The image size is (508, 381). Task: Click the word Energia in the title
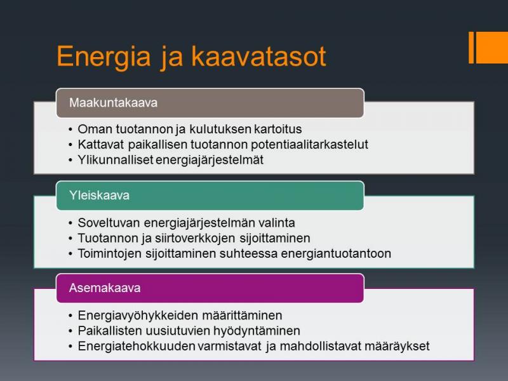tap(104, 57)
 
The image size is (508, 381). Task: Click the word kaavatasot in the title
tap(258, 57)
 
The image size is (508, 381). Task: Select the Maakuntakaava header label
tap(113, 103)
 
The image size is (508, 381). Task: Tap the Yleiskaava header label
tap(99, 196)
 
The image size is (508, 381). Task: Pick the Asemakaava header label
tap(105, 288)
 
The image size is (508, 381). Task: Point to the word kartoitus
tap(278, 129)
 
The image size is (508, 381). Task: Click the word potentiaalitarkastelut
tap(309, 145)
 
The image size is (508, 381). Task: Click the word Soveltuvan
tap(109, 223)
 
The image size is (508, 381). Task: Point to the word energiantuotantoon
tap(336, 253)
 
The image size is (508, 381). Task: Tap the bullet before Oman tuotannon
tap(70, 130)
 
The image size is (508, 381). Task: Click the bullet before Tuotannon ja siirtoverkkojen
tap(70, 239)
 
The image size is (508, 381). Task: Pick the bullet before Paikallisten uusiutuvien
tap(70, 331)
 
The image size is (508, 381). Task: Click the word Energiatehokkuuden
tap(136, 346)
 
